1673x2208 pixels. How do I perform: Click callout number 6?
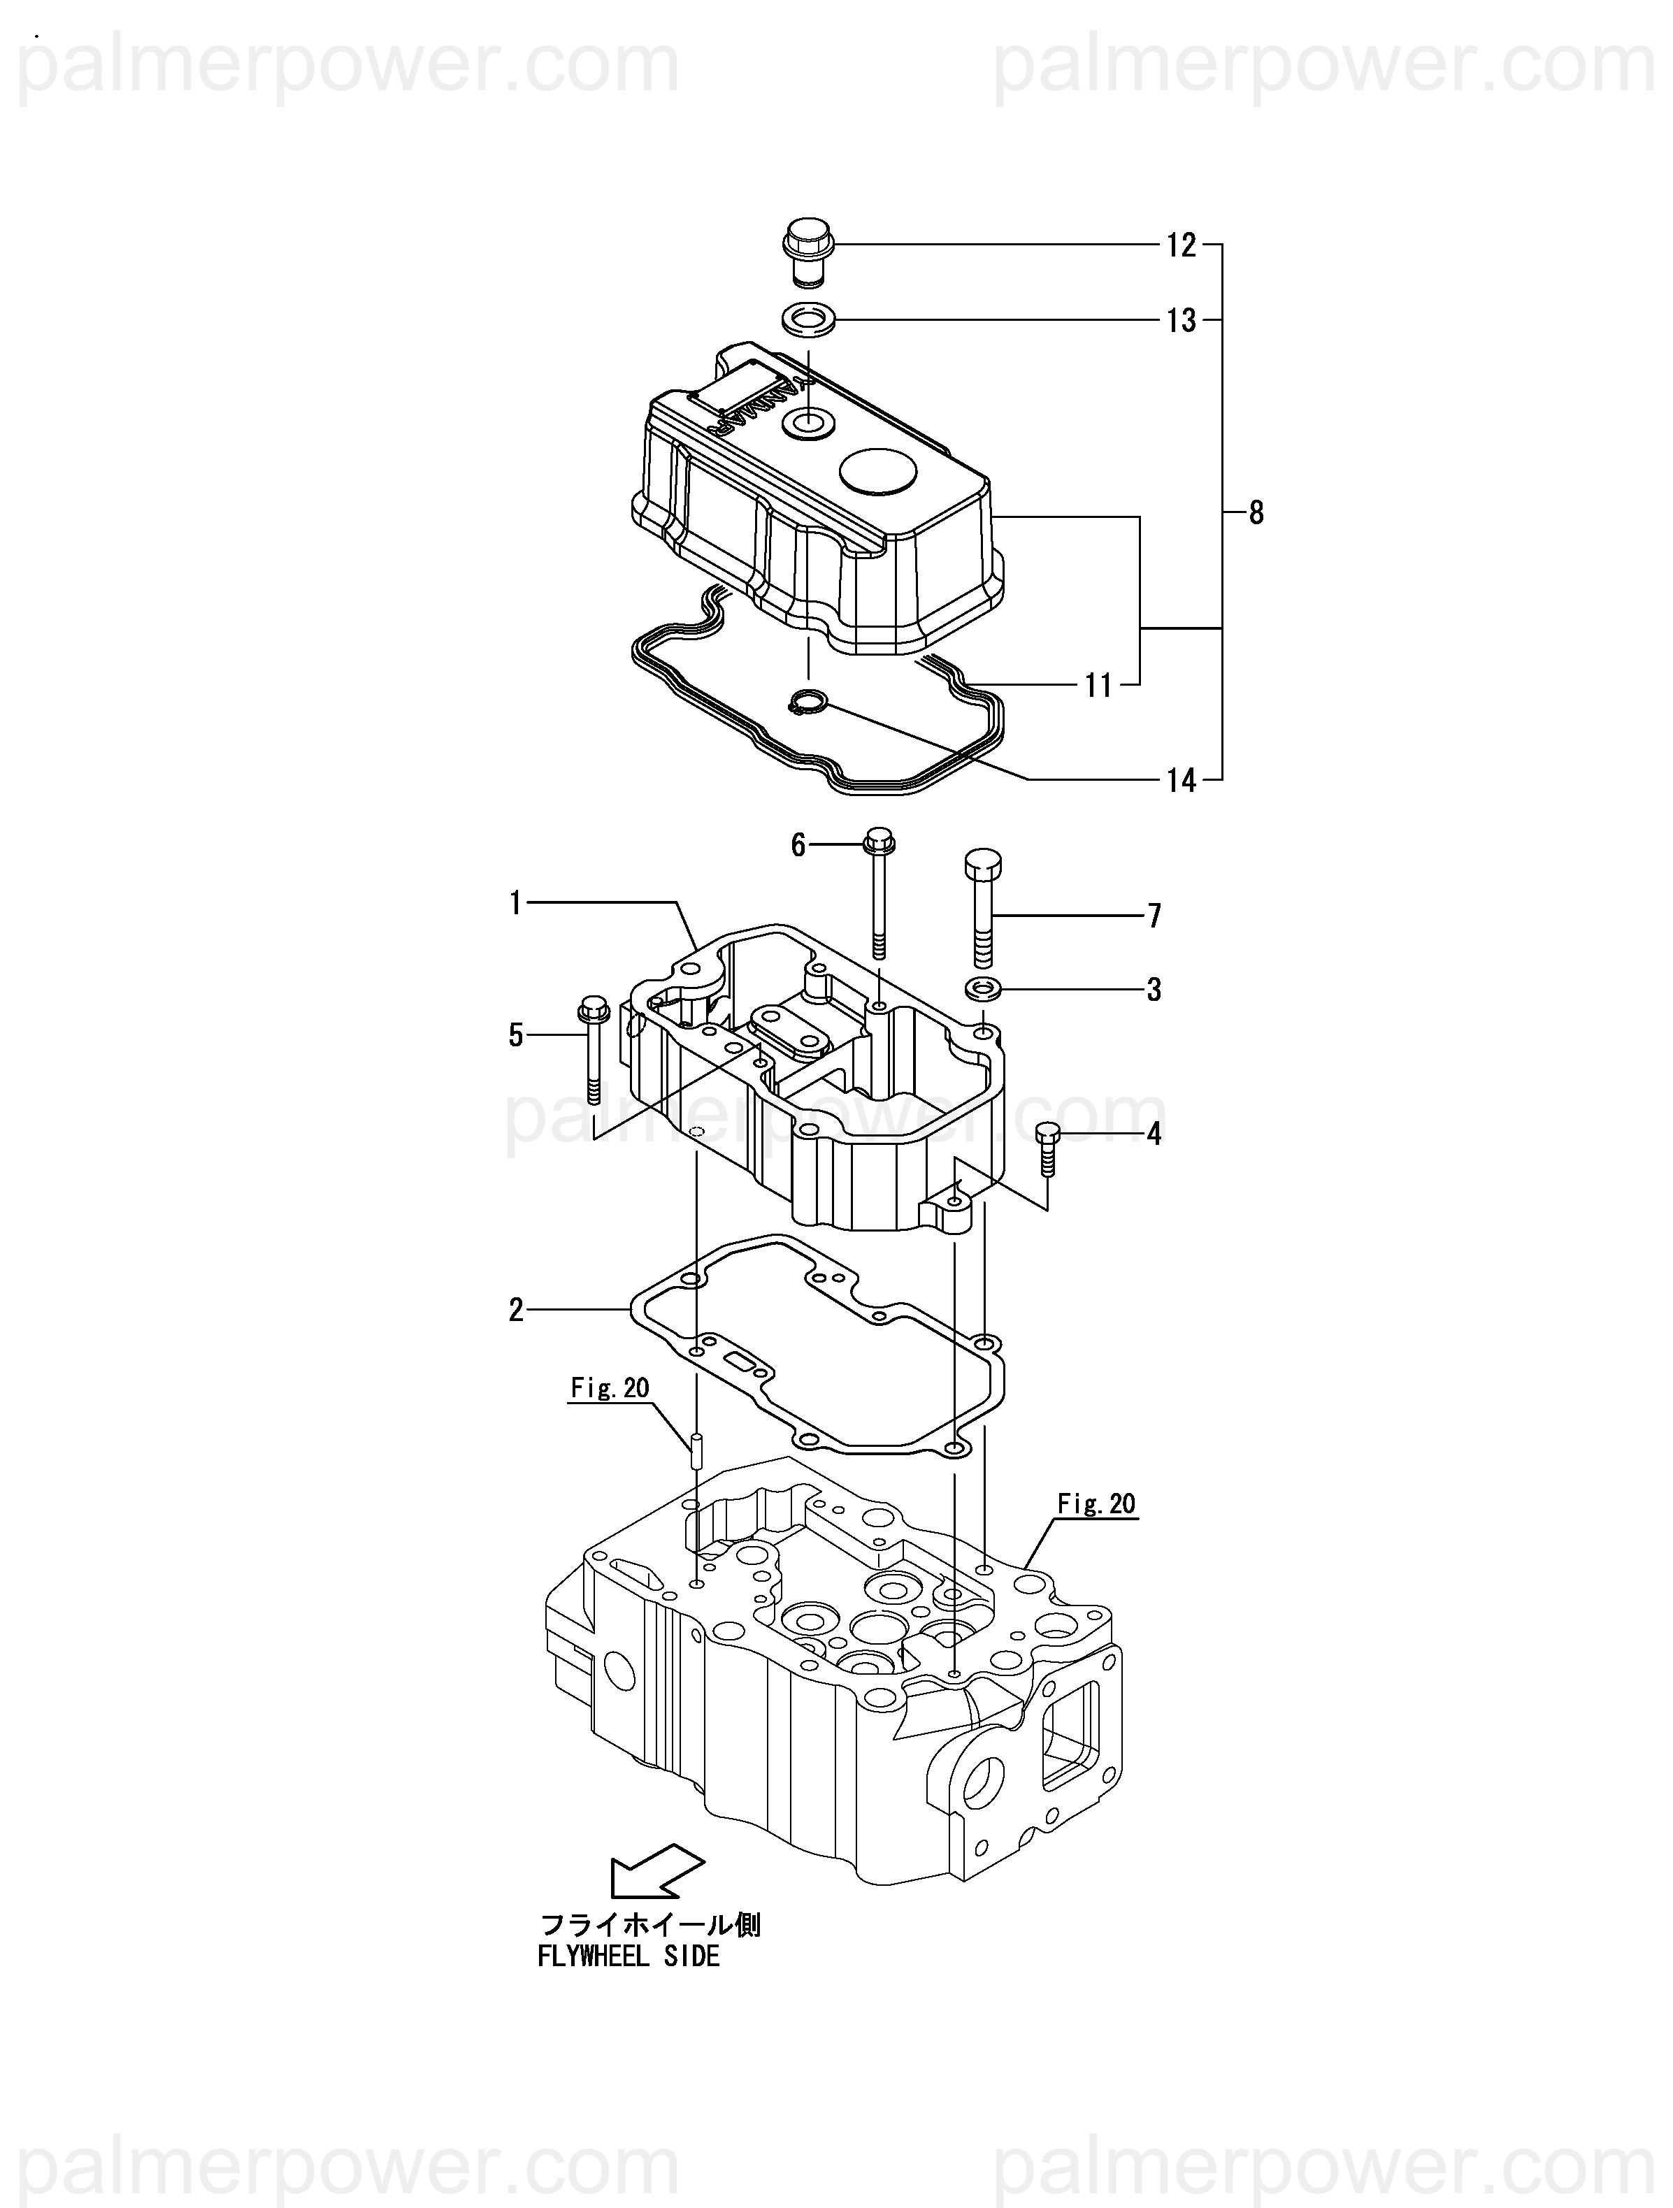click(x=798, y=846)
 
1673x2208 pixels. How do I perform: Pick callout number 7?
click(x=1154, y=916)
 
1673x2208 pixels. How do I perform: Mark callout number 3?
click(x=1154, y=990)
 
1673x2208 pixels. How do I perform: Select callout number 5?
click(x=515, y=1036)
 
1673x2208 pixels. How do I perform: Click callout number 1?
click(x=515, y=904)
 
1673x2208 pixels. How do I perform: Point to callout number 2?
click(x=515, y=1311)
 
